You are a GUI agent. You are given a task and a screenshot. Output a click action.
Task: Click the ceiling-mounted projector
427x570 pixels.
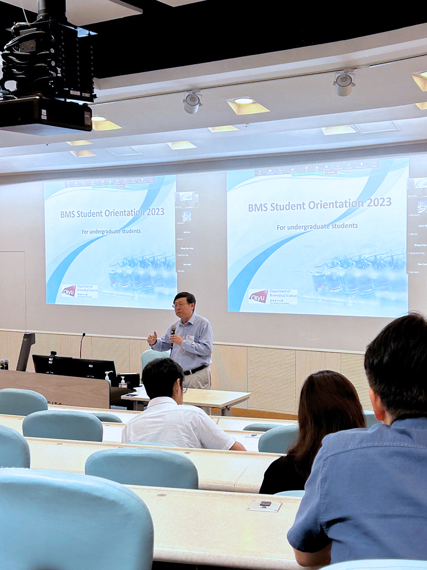coord(47,72)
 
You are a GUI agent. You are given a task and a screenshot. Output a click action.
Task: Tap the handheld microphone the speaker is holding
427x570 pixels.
coord(173,334)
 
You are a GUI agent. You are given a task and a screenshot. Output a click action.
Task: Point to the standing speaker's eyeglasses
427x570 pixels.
coord(180,304)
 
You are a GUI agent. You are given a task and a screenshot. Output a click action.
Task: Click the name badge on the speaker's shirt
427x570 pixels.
coord(190,338)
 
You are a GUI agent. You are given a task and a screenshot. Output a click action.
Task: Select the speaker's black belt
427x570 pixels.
coord(195,370)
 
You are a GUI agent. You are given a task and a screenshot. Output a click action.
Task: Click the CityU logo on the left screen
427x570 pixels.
coord(69,291)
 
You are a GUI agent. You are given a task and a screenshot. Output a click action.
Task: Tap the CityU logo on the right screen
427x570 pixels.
coord(257,296)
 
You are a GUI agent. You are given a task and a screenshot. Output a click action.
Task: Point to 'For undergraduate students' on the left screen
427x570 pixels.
coord(111,231)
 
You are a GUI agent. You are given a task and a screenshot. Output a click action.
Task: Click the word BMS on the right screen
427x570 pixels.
coord(257,208)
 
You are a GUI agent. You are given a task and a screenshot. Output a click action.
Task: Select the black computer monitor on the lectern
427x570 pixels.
coord(75,367)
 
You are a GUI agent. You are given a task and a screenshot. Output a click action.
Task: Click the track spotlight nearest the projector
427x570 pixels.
coord(192,102)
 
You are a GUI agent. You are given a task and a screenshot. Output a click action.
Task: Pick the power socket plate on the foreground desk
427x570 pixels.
coord(265,505)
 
